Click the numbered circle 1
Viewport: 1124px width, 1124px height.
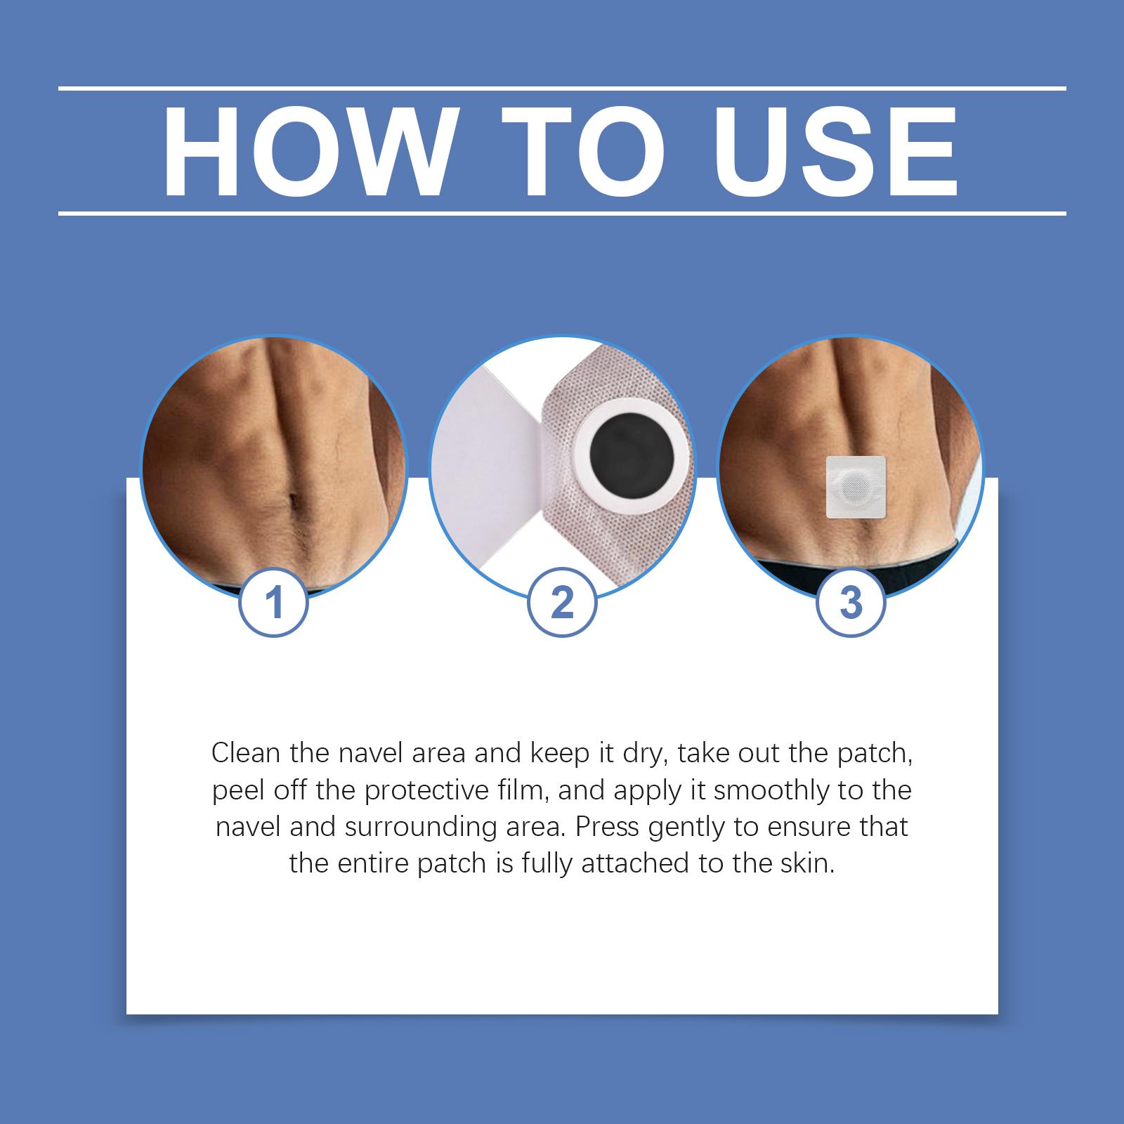[x=275, y=602]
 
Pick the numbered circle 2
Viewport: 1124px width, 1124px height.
[x=562, y=602]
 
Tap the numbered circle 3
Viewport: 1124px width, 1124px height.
[x=851, y=602]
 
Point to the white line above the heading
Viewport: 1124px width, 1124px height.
[x=562, y=89]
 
